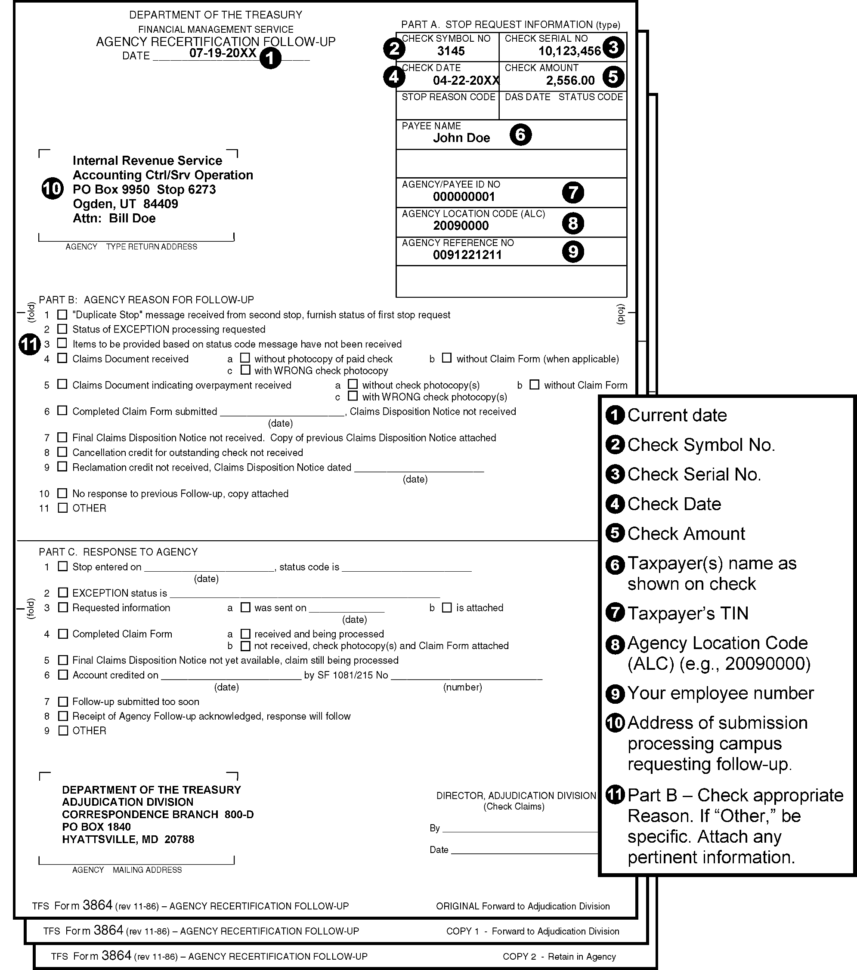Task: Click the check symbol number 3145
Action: (451, 51)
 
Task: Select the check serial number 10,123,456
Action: (569, 51)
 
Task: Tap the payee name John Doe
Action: (461, 138)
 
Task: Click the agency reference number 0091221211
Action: (467, 255)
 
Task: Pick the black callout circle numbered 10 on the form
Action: (52, 189)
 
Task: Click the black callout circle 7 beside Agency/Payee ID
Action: (572, 192)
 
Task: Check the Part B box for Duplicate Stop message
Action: (62, 314)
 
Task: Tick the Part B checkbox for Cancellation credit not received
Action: (62, 452)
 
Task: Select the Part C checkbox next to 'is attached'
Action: (447, 607)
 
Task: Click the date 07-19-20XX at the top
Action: (223, 53)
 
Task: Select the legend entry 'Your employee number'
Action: (720, 693)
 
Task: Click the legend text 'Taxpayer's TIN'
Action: (687, 613)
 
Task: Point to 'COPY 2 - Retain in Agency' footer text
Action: (559, 956)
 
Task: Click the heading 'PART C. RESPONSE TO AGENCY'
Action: (118, 552)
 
